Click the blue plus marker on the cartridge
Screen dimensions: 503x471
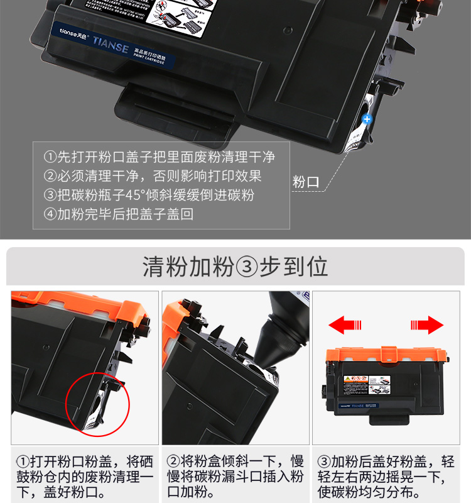pos(367,118)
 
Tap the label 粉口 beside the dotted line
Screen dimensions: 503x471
pos(306,182)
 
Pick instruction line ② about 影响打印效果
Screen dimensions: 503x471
pos(153,176)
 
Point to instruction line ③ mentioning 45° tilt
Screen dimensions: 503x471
pos(149,195)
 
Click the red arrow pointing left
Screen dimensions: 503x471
pos(346,325)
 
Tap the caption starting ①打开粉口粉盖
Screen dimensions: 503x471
pos(85,477)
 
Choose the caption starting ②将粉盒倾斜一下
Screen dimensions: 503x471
pos(235,477)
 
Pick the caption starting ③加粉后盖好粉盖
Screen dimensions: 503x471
pos(386,477)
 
